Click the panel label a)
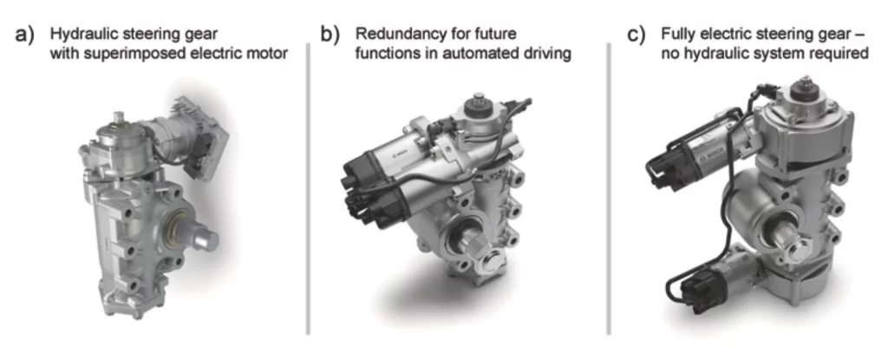click(24, 35)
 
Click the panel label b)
click(330, 35)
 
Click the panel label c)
click(637, 35)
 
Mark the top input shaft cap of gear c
click(804, 91)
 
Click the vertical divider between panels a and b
click(309, 188)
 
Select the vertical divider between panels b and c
click(609, 188)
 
